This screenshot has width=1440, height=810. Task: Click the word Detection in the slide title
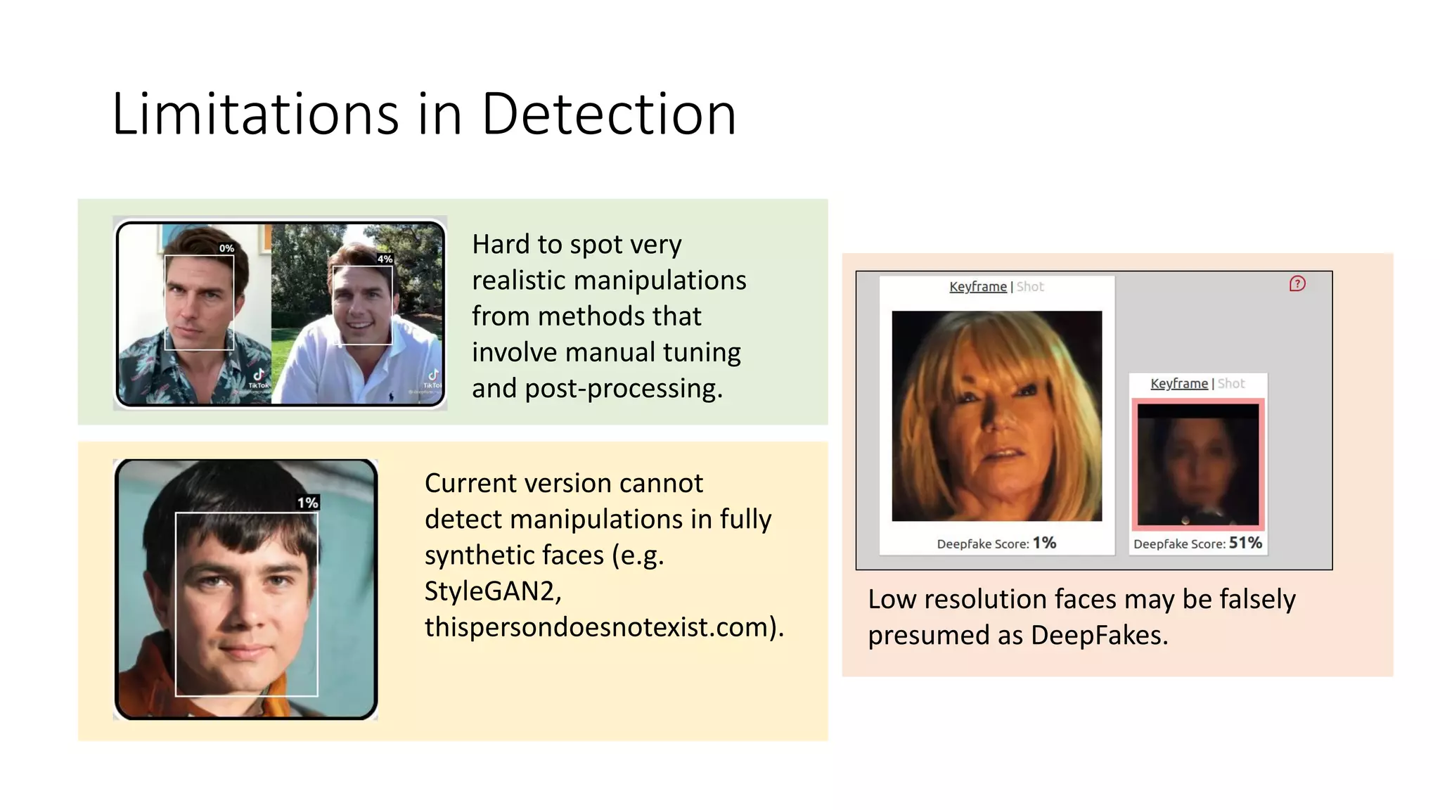[x=608, y=114]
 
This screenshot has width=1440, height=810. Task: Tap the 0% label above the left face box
[x=226, y=248]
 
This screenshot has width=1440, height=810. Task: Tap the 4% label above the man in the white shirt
[x=385, y=259]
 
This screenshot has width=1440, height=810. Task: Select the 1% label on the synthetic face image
[x=307, y=502]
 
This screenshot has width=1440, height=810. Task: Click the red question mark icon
[x=1297, y=283]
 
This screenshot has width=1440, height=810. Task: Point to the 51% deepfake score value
[x=1245, y=543]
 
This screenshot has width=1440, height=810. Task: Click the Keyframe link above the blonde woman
[x=977, y=286]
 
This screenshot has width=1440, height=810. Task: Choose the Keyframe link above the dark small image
[x=1178, y=383]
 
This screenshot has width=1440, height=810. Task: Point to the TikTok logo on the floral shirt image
[x=258, y=377]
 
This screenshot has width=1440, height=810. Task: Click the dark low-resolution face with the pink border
[x=1197, y=464]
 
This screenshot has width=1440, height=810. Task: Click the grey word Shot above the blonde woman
[x=1030, y=286]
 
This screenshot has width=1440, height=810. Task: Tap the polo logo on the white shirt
[x=391, y=396]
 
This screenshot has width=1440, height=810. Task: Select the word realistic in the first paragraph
[x=519, y=280]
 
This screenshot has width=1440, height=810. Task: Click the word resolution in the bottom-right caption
[x=1020, y=599]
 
